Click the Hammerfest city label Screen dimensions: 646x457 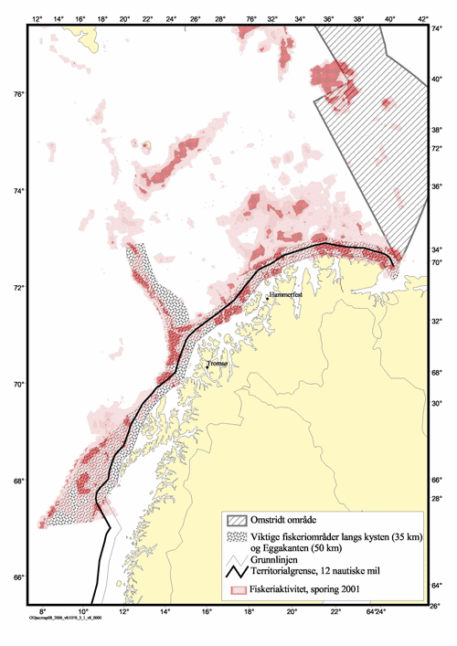283,297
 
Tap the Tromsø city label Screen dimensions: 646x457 218,364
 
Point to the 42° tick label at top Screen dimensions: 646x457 421,17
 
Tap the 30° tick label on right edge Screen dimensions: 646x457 436,403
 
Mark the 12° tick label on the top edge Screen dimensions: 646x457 36,17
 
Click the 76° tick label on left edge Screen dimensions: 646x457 16,94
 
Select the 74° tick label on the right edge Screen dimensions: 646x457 437,28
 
